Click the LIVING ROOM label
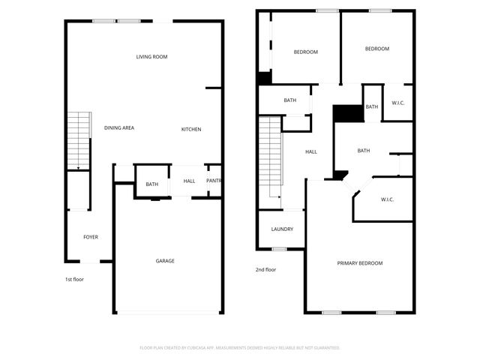pyautogui.click(x=151, y=57)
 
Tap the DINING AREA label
pyautogui.click(x=118, y=128)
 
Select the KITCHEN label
pyautogui.click(x=191, y=130)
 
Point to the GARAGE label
pyautogui.click(x=165, y=261)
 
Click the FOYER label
pyautogui.click(x=90, y=237)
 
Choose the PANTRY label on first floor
pyautogui.click(x=214, y=181)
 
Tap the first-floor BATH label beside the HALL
pyautogui.click(x=152, y=184)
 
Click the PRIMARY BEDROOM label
pyautogui.click(x=360, y=263)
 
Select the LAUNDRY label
pyautogui.click(x=282, y=229)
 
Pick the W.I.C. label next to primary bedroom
pyautogui.click(x=388, y=199)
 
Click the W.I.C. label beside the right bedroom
pyautogui.click(x=398, y=103)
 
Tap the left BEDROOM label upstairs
pyautogui.click(x=305, y=52)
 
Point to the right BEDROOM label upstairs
pyautogui.click(x=377, y=49)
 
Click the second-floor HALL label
pyautogui.click(x=310, y=152)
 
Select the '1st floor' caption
pyautogui.click(x=73, y=279)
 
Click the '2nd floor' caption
pyautogui.click(x=265, y=269)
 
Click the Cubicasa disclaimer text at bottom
pyautogui.click(x=240, y=348)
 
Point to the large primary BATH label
pyautogui.click(x=364, y=151)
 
